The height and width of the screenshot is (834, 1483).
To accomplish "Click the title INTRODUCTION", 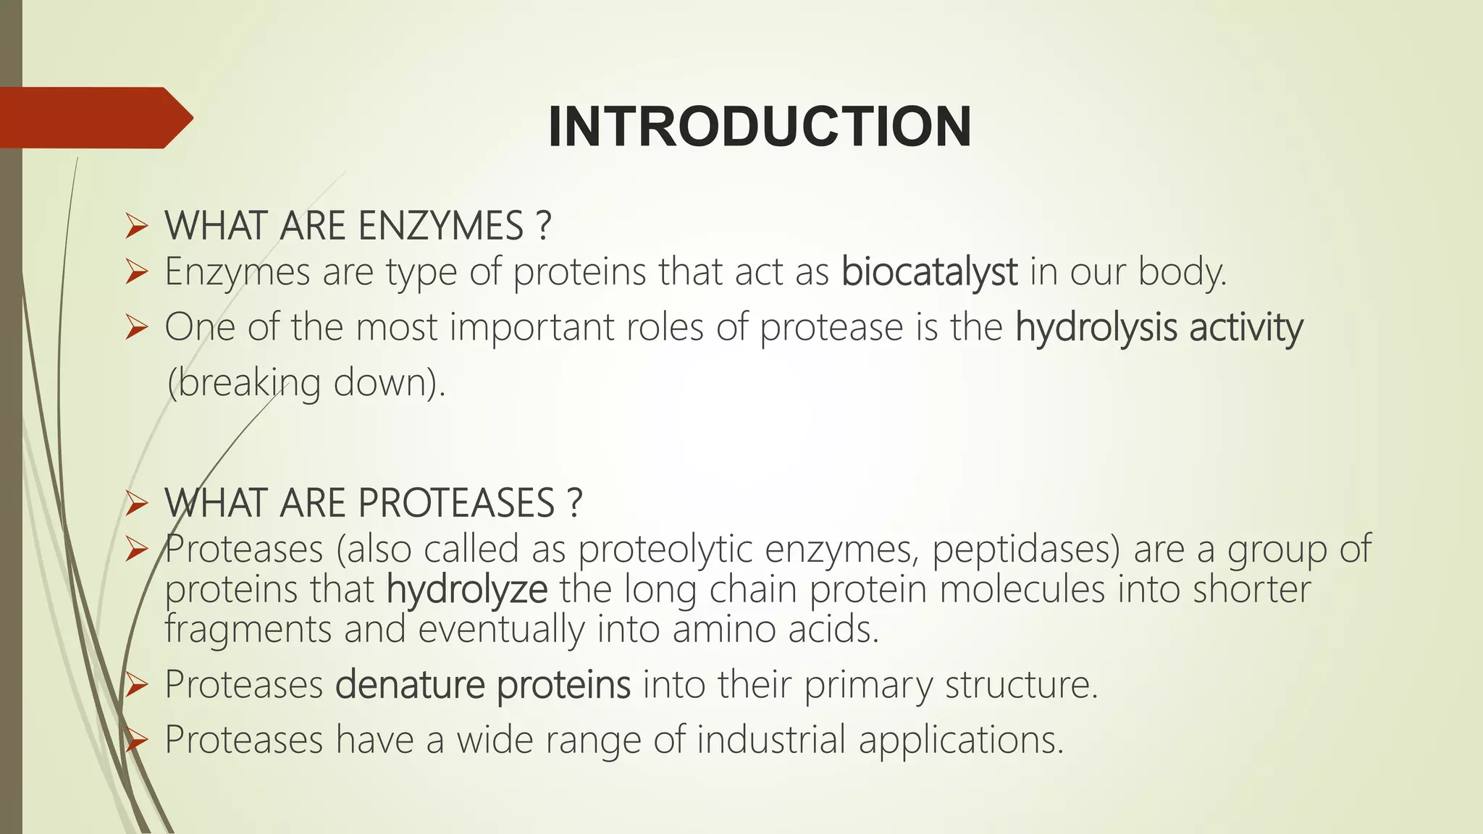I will click(x=759, y=127).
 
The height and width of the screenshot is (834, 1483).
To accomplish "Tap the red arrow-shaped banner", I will click(x=94, y=118).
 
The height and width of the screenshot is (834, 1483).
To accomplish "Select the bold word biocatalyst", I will click(x=929, y=272).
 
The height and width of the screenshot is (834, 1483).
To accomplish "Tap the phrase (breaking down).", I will click(x=306, y=382).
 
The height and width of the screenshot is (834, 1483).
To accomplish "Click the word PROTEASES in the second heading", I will click(x=456, y=503).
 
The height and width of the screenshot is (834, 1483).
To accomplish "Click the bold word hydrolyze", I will click(x=467, y=589).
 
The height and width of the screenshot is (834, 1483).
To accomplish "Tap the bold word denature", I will click(x=410, y=684).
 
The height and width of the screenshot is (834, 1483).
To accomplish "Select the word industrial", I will click(x=771, y=740).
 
